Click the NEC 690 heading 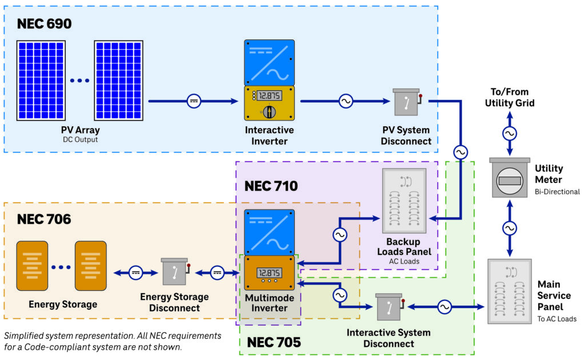click(45, 24)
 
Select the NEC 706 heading click(44, 219)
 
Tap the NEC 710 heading click(271, 186)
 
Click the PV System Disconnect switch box click(406, 103)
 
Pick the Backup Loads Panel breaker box click(404, 201)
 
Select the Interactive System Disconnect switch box click(389, 308)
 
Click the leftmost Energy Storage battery click(32, 266)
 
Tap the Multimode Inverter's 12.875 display click(269, 272)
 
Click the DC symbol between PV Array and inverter click(194, 101)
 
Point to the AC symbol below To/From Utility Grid click(509, 134)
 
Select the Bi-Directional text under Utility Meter click(557, 192)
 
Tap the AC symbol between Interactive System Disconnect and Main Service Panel click(444, 307)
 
